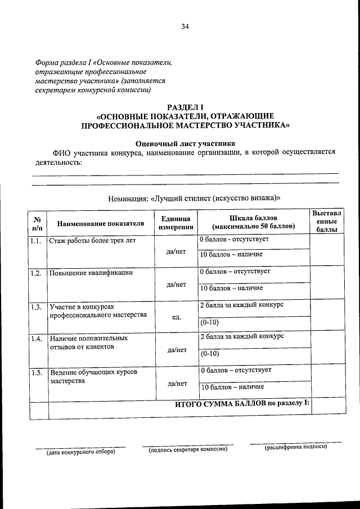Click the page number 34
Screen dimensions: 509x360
click(185, 26)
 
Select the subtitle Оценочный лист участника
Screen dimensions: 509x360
click(186, 143)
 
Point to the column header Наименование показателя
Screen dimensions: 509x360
click(97, 223)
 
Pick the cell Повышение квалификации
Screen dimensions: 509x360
click(91, 273)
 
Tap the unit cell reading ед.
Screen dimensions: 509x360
click(177, 317)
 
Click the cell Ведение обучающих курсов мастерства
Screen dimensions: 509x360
click(92, 376)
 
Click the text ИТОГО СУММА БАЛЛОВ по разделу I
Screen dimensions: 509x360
click(242, 404)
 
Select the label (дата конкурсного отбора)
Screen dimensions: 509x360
click(80, 451)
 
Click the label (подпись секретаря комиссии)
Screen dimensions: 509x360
click(187, 450)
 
